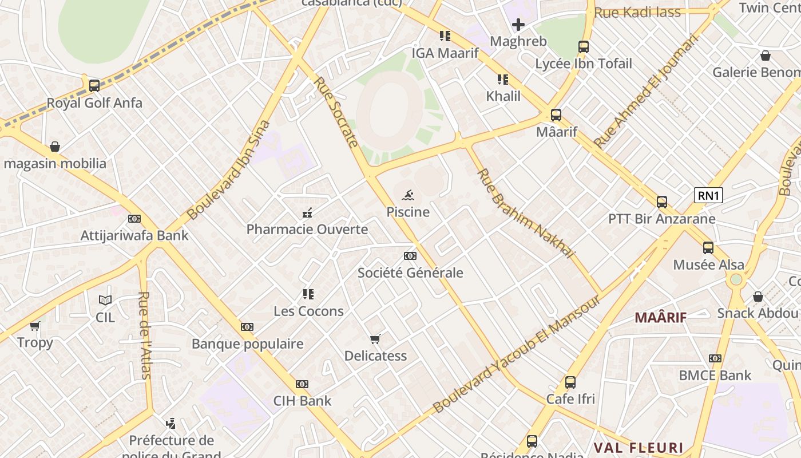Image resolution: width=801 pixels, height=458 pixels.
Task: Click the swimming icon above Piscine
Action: point(408,196)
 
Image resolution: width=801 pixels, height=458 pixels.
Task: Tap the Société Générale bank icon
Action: point(410,256)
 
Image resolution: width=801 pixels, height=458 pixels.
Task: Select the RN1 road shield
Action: point(708,196)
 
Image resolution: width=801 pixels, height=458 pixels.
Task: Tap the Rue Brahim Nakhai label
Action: point(525,213)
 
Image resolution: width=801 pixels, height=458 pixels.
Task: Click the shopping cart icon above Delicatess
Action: point(375,339)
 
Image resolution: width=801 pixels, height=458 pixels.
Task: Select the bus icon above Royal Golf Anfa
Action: point(94,86)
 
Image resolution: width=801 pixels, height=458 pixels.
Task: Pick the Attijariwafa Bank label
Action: point(134,235)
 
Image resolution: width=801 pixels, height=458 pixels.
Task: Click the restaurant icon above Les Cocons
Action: point(308,295)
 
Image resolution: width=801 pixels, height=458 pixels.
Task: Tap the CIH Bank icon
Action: point(302,384)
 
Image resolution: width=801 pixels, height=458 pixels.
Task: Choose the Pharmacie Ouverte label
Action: point(307,230)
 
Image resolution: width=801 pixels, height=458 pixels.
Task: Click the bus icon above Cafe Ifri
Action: point(570,382)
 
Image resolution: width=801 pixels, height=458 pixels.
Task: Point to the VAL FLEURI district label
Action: point(638,448)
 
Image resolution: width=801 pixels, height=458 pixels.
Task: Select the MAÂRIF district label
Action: point(661,317)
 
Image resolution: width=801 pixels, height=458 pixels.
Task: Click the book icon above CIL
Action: point(105,300)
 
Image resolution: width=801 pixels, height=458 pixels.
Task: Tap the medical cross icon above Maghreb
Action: point(518,25)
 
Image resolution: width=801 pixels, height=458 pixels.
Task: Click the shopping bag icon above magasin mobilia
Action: point(55,147)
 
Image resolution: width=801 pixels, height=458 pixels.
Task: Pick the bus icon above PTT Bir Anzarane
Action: point(662,202)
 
